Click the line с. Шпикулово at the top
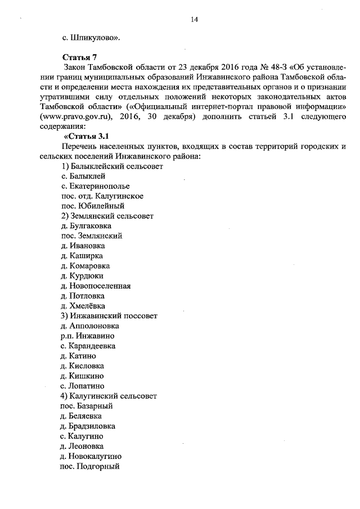coord(90,38)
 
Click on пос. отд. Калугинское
coord(101,196)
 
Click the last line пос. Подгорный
coord(89,466)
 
